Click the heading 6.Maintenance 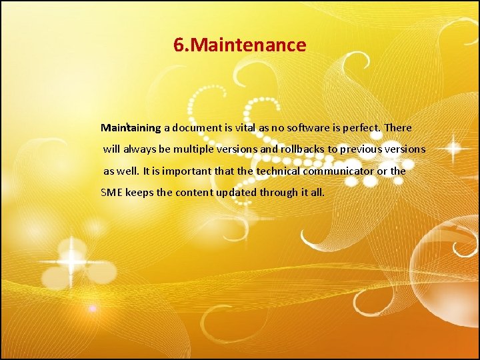pyautogui.click(x=239, y=45)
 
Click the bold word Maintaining pyautogui.click(x=131, y=127)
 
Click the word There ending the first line pyautogui.click(x=398, y=127)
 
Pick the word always pyautogui.click(x=140, y=149)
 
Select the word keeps pyautogui.click(x=141, y=193)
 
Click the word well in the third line pyautogui.click(x=128, y=171)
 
